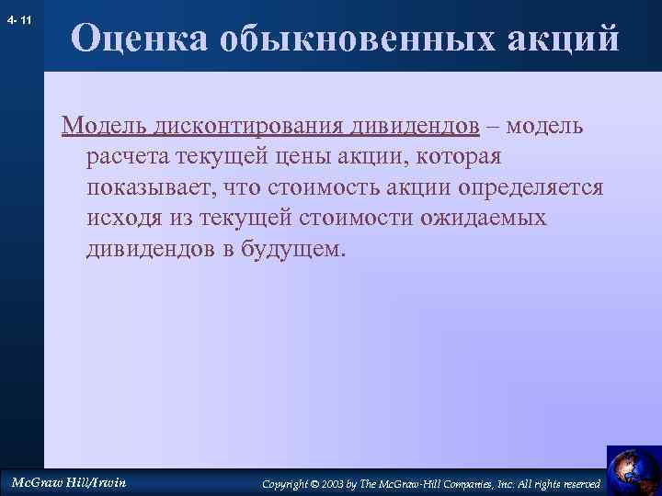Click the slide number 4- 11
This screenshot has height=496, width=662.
click(18, 18)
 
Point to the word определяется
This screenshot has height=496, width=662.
click(536, 188)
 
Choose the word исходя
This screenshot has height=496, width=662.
click(120, 220)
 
